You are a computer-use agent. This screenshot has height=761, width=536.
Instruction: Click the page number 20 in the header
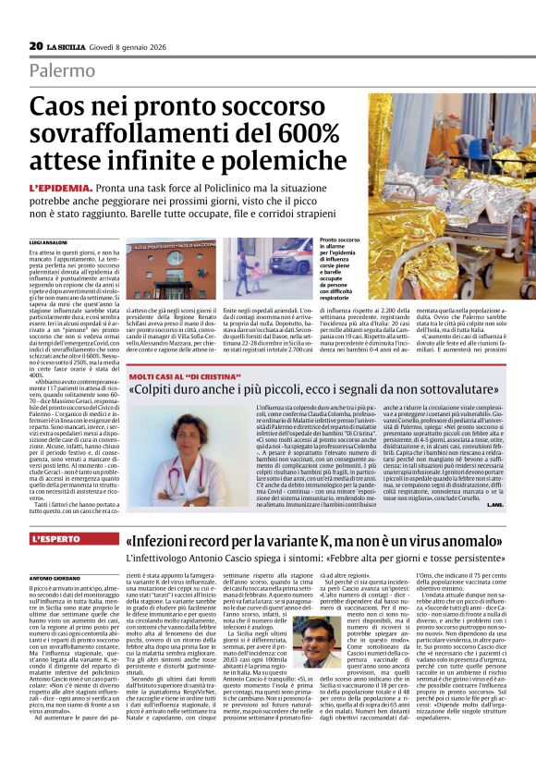[x=36, y=45]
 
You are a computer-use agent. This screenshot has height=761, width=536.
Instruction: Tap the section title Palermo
[x=62, y=71]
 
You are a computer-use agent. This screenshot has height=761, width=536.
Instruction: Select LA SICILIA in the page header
[x=68, y=46]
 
